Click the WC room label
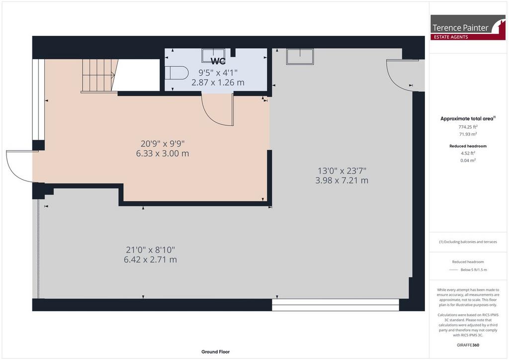point(218,61)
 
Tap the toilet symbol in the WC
point(176,73)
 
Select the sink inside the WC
point(213,56)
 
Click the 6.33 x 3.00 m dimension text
point(163,154)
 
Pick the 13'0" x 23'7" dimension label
point(342,171)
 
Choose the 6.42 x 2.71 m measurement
point(150,260)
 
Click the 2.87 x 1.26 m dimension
point(218,83)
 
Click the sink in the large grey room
point(300,57)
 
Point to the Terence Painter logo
point(468,27)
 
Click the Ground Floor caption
point(216,352)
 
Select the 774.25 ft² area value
point(468,127)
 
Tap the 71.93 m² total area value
point(468,134)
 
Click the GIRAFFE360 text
point(468,345)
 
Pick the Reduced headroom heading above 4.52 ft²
point(468,146)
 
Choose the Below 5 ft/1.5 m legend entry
point(474,270)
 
